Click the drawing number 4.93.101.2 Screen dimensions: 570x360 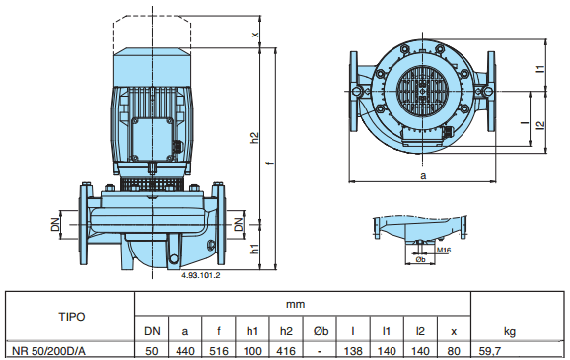[x=200, y=275]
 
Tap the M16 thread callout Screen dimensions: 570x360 [x=444, y=251]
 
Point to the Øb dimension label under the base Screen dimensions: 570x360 [x=420, y=259]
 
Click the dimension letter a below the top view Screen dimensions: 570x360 [x=423, y=176]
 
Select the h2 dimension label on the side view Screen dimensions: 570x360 [x=255, y=138]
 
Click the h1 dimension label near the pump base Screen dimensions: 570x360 [x=255, y=249]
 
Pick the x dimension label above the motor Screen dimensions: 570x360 [x=255, y=35]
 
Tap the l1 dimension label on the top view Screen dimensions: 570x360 [x=541, y=69]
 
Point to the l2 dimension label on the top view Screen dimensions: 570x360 [x=541, y=124]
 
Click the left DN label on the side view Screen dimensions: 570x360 [x=55, y=224]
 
